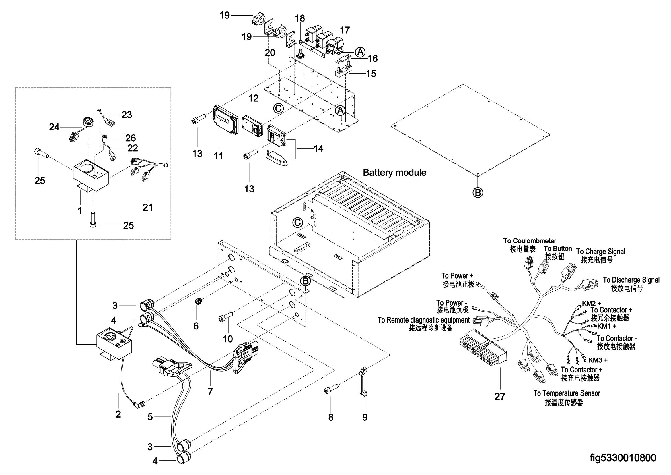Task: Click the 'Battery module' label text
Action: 394,173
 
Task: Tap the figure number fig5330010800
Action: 622,457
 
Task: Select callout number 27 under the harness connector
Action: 500,397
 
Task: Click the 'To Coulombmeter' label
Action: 530,241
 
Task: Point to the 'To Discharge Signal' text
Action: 631,280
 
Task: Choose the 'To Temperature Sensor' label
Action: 567,393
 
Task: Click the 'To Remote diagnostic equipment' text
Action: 424,320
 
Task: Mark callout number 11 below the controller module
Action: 218,156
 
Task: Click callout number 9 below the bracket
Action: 365,417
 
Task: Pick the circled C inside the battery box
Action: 297,223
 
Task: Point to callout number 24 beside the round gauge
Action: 54,127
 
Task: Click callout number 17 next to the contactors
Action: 345,30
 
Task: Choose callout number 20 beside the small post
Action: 270,53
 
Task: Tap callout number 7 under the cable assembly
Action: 210,392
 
